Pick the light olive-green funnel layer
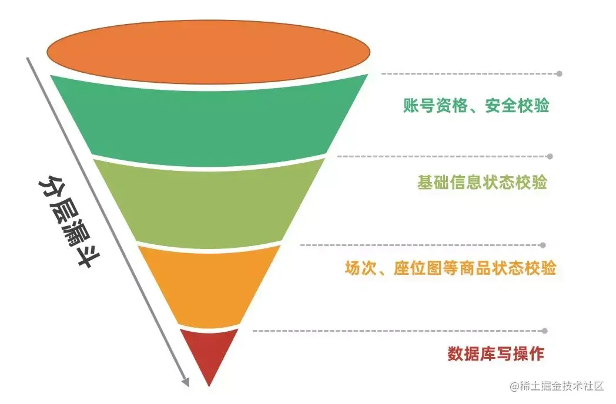pos(209,203)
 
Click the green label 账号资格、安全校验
pos(476,106)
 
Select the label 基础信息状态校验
pos(482,183)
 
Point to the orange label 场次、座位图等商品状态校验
pos(450,268)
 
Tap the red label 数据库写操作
pos(496,353)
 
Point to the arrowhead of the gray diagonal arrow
pos(185,382)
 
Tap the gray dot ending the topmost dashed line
pos(559,74)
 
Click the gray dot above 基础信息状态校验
pos(550,157)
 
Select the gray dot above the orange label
pos(543,245)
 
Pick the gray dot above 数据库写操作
pos(544,331)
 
